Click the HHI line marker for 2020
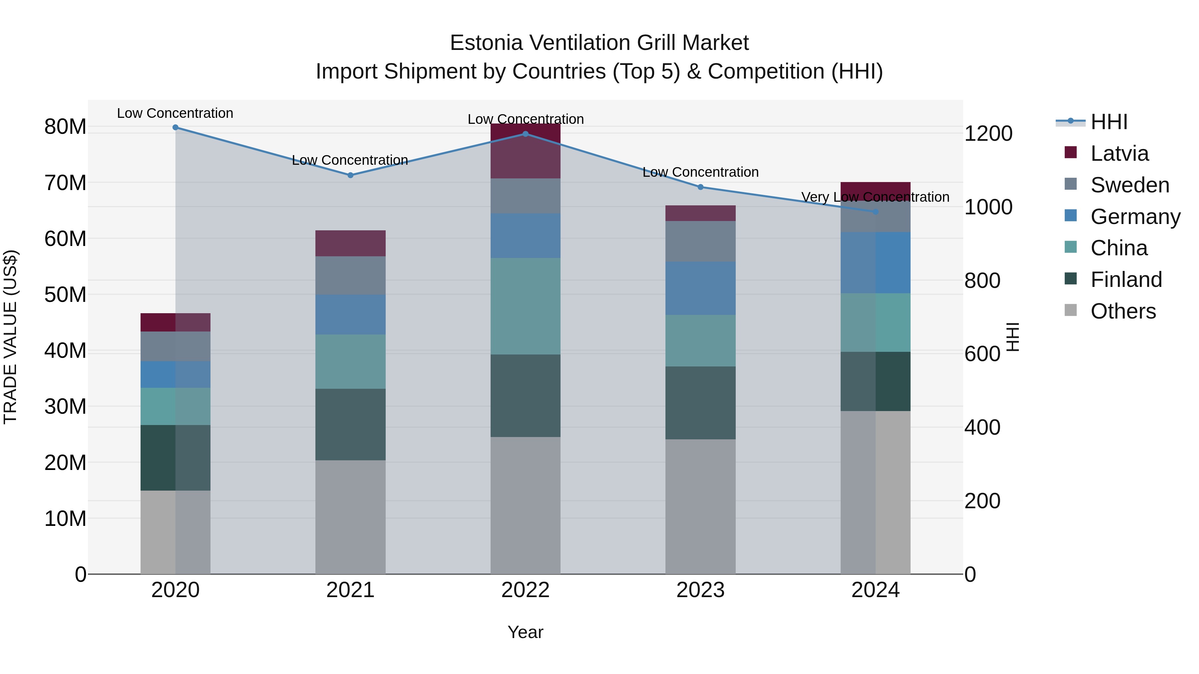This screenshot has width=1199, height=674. click(x=176, y=127)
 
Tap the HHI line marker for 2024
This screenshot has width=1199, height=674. click(x=876, y=212)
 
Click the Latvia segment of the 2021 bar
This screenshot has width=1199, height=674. click(x=350, y=243)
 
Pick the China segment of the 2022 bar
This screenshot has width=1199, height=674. click(x=526, y=306)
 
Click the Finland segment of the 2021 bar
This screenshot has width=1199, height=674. click(x=350, y=424)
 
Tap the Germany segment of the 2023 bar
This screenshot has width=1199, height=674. click(x=700, y=288)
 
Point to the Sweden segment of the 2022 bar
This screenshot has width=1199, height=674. click(x=526, y=196)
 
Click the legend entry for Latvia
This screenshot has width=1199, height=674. click(x=1119, y=153)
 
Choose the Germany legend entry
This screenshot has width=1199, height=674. click(x=1135, y=217)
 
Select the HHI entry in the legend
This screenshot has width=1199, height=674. click(x=1109, y=122)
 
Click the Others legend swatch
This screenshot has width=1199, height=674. click(x=1070, y=310)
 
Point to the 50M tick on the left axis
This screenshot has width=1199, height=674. click(x=65, y=295)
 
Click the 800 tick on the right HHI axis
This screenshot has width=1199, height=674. click(x=982, y=281)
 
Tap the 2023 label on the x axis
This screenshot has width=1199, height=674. click(x=700, y=590)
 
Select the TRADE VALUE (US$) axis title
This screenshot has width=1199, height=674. click(x=10, y=337)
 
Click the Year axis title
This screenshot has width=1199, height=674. click(x=526, y=632)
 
